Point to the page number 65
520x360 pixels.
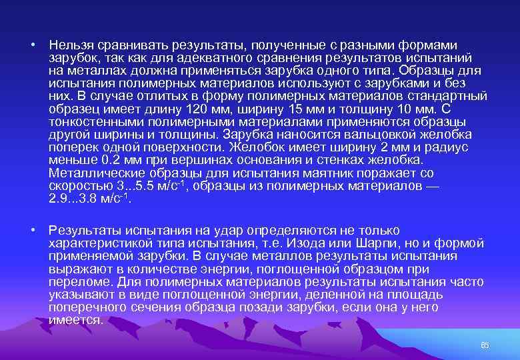pos(485,345)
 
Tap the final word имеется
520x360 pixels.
pos(75,320)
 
